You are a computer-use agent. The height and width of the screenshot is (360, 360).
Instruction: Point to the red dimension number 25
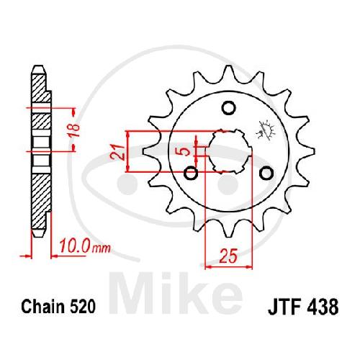(x=228, y=256)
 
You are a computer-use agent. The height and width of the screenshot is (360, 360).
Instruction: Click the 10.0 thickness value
(x=75, y=246)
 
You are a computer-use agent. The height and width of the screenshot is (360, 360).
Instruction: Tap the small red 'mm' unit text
(x=102, y=248)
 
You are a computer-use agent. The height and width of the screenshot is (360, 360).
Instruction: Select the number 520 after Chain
(x=83, y=307)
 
